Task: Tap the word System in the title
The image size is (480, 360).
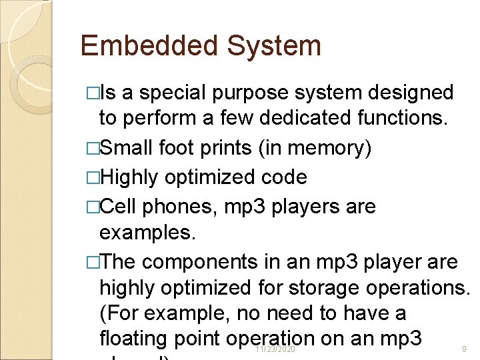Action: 274,46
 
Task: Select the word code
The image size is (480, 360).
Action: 285,177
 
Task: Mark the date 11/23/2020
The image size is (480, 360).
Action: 275,349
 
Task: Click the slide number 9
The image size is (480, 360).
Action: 464,349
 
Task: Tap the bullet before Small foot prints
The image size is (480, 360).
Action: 93,148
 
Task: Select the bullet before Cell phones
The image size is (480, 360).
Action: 93,207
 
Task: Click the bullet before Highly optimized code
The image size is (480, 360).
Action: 93,177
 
